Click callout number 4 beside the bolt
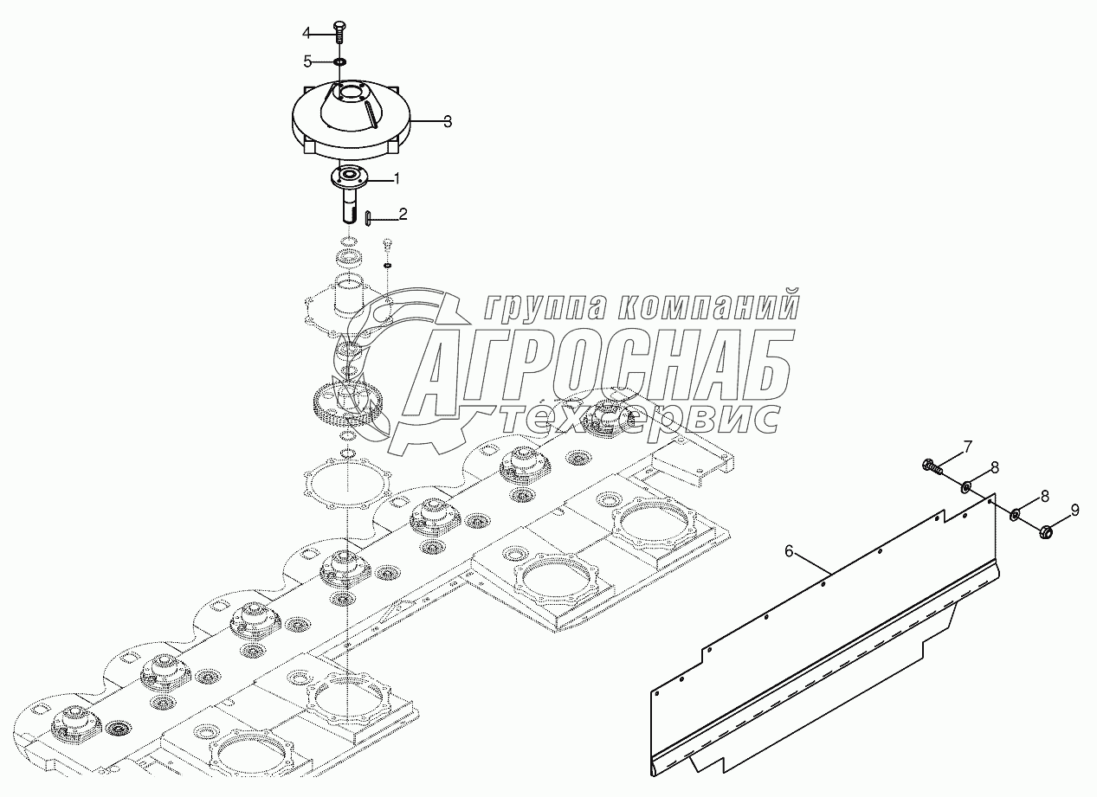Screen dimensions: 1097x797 (x=306, y=33)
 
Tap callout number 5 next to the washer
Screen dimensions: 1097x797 (x=306, y=61)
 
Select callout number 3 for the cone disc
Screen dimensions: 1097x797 (x=447, y=122)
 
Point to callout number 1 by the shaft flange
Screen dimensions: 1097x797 (x=397, y=179)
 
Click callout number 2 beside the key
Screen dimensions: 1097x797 (x=402, y=213)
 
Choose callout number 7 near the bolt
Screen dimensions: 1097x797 (x=968, y=447)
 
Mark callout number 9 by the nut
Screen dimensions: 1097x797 (x=1074, y=511)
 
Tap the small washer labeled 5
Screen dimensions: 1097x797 (x=339, y=61)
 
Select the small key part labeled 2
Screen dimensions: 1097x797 (x=368, y=216)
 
